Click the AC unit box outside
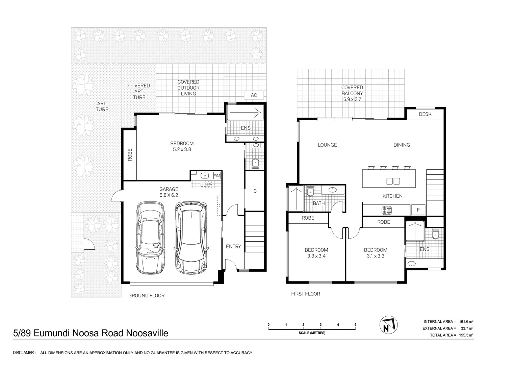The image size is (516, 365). tap(254, 95)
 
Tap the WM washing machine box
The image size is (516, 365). tap(217, 175)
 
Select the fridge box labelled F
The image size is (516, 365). tap(418, 210)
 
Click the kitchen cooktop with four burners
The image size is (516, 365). tap(386, 210)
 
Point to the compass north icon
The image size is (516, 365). tap(388, 325)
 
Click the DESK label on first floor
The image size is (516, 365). tap(425, 114)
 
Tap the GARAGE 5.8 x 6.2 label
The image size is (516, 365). tap(169, 192)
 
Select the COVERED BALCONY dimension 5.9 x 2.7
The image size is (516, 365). tap(352, 99)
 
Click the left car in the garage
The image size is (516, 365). tap(151, 238)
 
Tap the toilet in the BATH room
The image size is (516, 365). tap(310, 192)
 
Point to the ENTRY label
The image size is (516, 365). tap(233, 246)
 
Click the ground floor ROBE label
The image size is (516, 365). tap(130, 155)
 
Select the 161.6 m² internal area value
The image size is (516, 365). tap(466, 322)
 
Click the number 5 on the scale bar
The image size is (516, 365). tap(355, 325)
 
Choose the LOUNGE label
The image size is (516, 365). tap(327, 145)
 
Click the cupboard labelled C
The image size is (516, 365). tap(255, 191)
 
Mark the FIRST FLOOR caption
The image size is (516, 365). tap(306, 294)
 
